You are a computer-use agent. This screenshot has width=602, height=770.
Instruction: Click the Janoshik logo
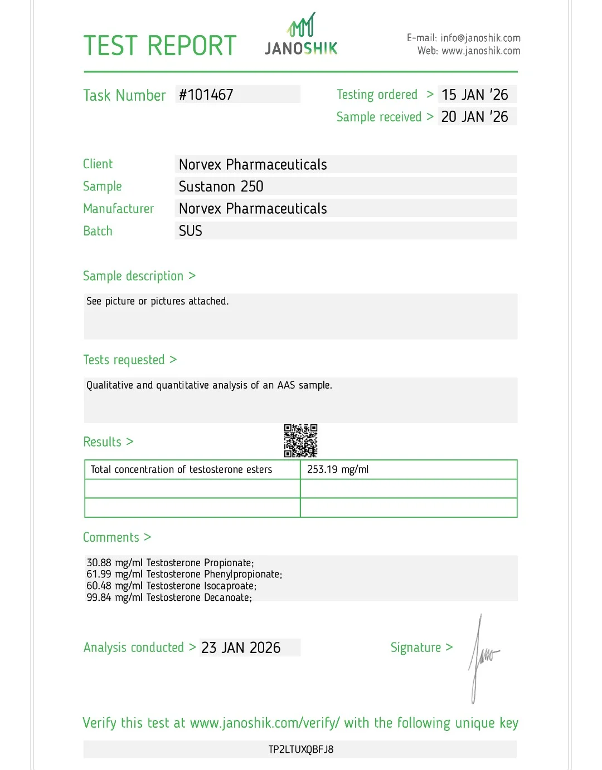point(301,35)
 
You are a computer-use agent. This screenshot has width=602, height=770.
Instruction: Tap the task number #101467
point(206,95)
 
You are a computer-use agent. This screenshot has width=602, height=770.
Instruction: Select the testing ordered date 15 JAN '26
point(475,95)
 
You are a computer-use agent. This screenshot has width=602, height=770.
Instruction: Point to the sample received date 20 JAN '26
point(475,117)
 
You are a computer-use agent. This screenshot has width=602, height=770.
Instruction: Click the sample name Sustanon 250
point(221,187)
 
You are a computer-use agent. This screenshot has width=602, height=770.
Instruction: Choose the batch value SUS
point(191,231)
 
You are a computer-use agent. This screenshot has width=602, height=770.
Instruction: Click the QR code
point(301,441)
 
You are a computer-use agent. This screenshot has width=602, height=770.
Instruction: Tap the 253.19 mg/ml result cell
point(338,469)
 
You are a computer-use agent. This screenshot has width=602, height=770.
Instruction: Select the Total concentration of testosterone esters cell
point(181,469)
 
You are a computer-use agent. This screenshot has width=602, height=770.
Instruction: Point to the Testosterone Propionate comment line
point(170,563)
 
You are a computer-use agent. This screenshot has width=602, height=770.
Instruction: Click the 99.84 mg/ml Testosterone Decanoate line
point(169,597)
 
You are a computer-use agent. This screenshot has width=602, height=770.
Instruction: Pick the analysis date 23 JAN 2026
point(241,648)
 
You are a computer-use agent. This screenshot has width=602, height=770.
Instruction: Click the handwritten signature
point(482,657)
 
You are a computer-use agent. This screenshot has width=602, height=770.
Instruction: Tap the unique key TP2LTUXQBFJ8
point(301,749)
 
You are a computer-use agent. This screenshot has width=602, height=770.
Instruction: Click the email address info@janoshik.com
point(480,38)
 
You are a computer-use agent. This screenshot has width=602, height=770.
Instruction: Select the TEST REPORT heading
point(160,46)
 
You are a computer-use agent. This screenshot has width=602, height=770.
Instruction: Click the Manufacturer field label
point(118,209)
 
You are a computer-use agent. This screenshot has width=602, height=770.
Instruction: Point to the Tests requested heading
point(124,360)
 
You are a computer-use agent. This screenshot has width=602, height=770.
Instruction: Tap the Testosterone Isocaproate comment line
point(171,586)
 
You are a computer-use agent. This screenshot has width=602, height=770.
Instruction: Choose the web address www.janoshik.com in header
point(481,51)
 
